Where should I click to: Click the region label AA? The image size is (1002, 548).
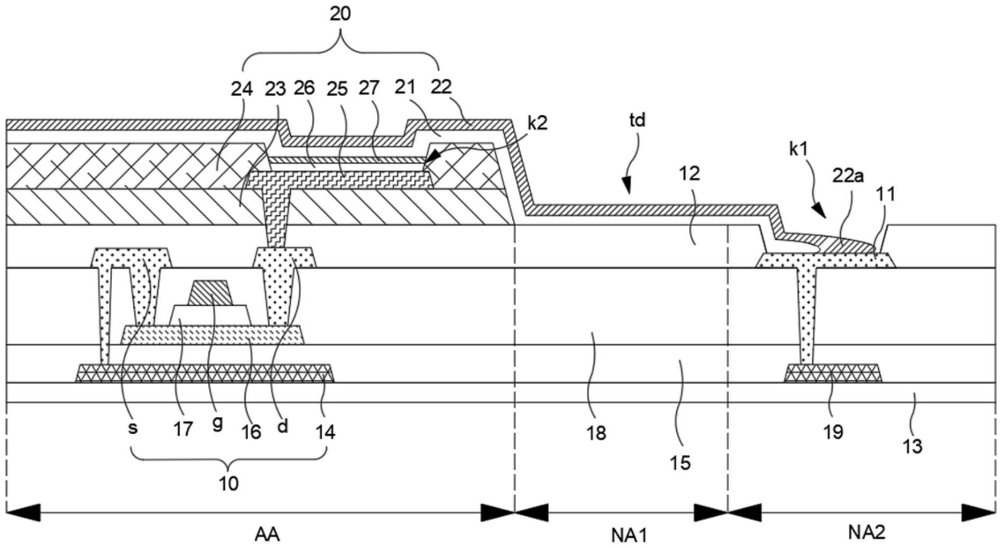(267, 534)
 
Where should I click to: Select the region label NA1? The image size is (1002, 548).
(629, 535)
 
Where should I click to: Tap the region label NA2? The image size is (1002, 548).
(867, 532)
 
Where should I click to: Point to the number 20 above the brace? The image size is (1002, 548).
(340, 14)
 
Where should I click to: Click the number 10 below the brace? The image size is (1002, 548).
(228, 483)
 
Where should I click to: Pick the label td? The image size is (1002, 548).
(637, 120)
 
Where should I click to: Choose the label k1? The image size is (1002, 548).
(798, 149)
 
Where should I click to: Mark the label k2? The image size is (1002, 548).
(537, 123)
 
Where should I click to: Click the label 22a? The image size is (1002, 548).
(848, 176)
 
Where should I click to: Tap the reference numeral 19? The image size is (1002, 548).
(833, 432)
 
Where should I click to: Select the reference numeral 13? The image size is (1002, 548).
(912, 446)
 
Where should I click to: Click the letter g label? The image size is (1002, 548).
(217, 423)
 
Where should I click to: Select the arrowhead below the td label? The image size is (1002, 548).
(627, 187)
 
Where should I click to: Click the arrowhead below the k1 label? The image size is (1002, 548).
(820, 212)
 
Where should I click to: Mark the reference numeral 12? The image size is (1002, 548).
(690, 173)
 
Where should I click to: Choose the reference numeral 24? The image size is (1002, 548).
(241, 88)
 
